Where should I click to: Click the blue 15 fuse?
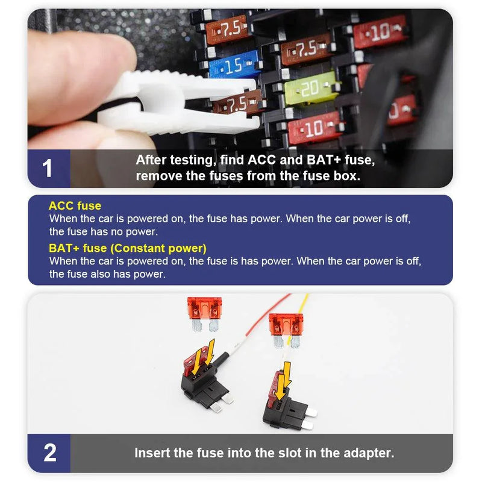pos(233,65)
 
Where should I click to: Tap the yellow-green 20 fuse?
pos(310,88)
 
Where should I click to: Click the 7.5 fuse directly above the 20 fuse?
pos(306,49)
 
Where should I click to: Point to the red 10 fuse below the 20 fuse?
pos(314,128)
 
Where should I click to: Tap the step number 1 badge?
pos(49,169)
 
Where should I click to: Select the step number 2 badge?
pos(49,453)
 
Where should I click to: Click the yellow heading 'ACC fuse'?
pos(75,205)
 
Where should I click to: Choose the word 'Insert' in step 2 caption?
pos(152,453)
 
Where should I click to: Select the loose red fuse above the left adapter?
pos(205,314)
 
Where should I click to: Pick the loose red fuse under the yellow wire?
pos(286,330)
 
